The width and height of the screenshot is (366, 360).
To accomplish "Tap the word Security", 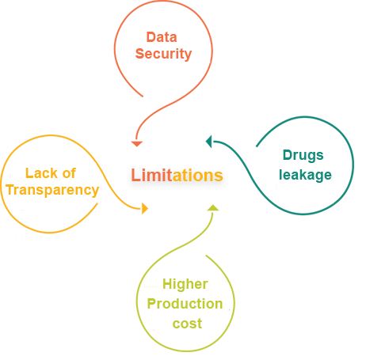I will [x=163, y=54].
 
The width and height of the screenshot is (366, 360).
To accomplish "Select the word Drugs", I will [x=303, y=156].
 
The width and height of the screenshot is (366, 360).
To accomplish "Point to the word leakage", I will [x=305, y=173].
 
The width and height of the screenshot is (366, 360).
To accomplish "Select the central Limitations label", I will [x=177, y=176].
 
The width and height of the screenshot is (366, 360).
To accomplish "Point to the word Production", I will [x=185, y=304].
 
